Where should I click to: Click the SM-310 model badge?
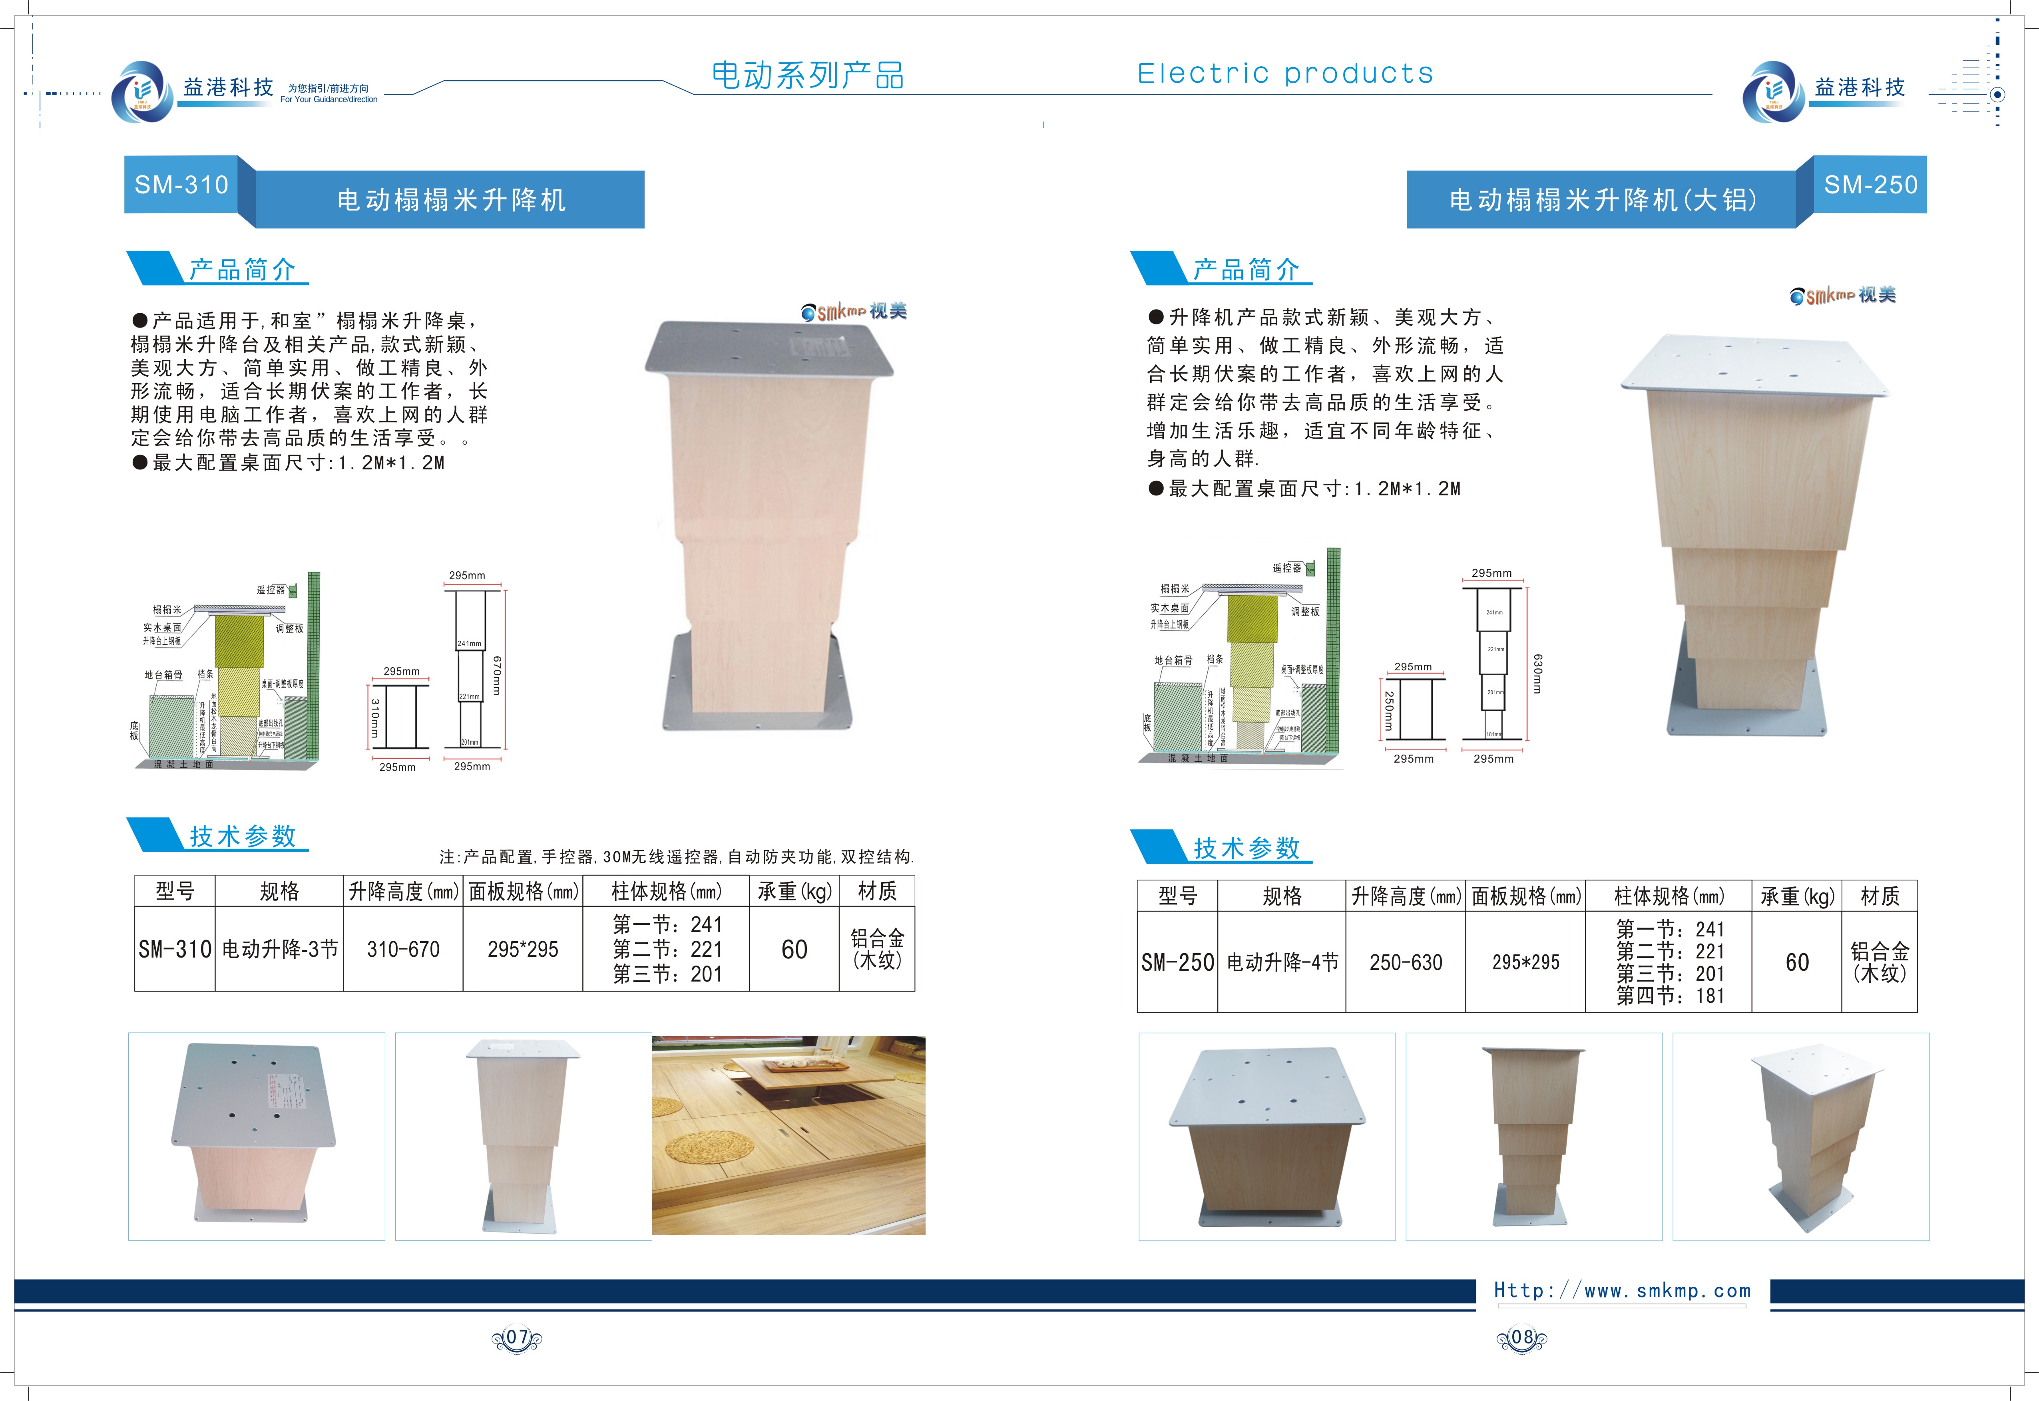click(181, 184)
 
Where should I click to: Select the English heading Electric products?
click(1285, 74)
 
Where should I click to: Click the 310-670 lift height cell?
click(403, 949)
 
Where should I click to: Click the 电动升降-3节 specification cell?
click(279, 949)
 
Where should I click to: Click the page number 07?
click(516, 1338)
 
